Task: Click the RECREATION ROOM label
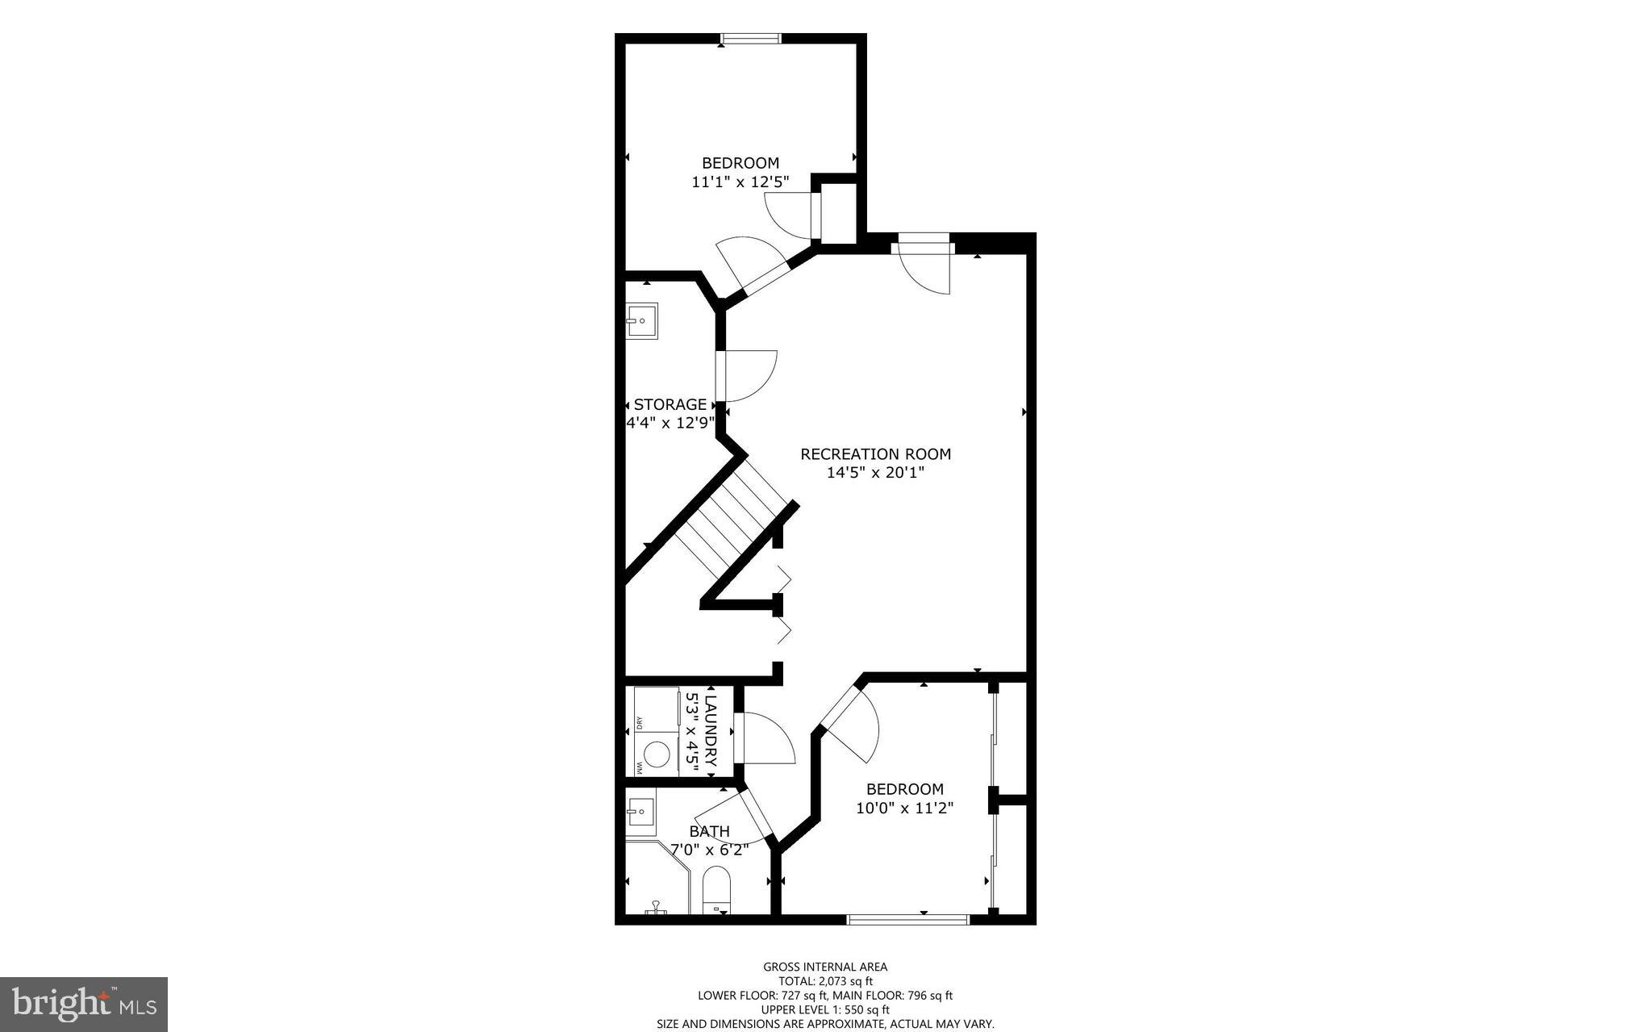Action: coord(875,454)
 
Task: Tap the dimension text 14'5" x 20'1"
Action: coord(875,473)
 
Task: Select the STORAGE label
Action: coord(670,404)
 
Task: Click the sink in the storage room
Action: coord(642,320)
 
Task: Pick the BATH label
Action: coord(709,831)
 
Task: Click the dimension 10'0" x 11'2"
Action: coord(904,808)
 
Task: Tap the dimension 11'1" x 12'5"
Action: coord(740,182)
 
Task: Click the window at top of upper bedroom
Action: coord(751,38)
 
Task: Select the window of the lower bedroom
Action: coord(907,919)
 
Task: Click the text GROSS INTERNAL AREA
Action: coord(825,967)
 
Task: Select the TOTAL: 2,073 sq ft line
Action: coord(825,981)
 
